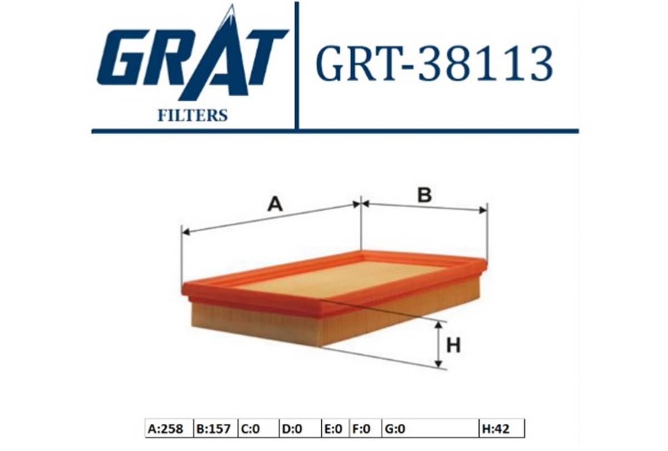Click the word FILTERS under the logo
[193, 115]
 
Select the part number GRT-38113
[434, 63]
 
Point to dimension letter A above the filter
[275, 205]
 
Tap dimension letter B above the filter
[425, 195]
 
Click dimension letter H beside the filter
[454, 345]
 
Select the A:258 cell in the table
[169, 429]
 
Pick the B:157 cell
[215, 429]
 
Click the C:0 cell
[258, 429]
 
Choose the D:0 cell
[300, 429]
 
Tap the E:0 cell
[335, 429]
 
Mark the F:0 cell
[365, 429]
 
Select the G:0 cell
[430, 429]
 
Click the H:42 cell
[502, 429]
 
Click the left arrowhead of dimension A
[185, 232]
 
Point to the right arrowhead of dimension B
[483, 210]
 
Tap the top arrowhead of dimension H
[438, 326]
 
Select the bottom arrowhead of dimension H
[438, 364]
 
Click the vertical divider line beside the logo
[296, 66]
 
